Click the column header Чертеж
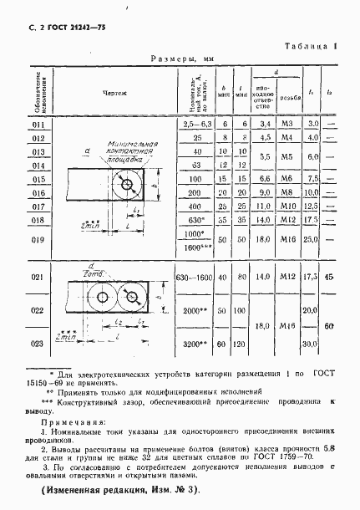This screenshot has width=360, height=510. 115,94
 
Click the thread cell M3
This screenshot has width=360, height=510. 286,124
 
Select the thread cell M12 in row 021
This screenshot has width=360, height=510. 286,276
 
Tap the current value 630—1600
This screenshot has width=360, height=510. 193,277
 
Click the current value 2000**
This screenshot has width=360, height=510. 193,309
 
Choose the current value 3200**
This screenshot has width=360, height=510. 193,342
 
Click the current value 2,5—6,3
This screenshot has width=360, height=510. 193,124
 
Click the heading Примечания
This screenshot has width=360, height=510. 70,421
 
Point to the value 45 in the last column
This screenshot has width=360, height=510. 332,277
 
